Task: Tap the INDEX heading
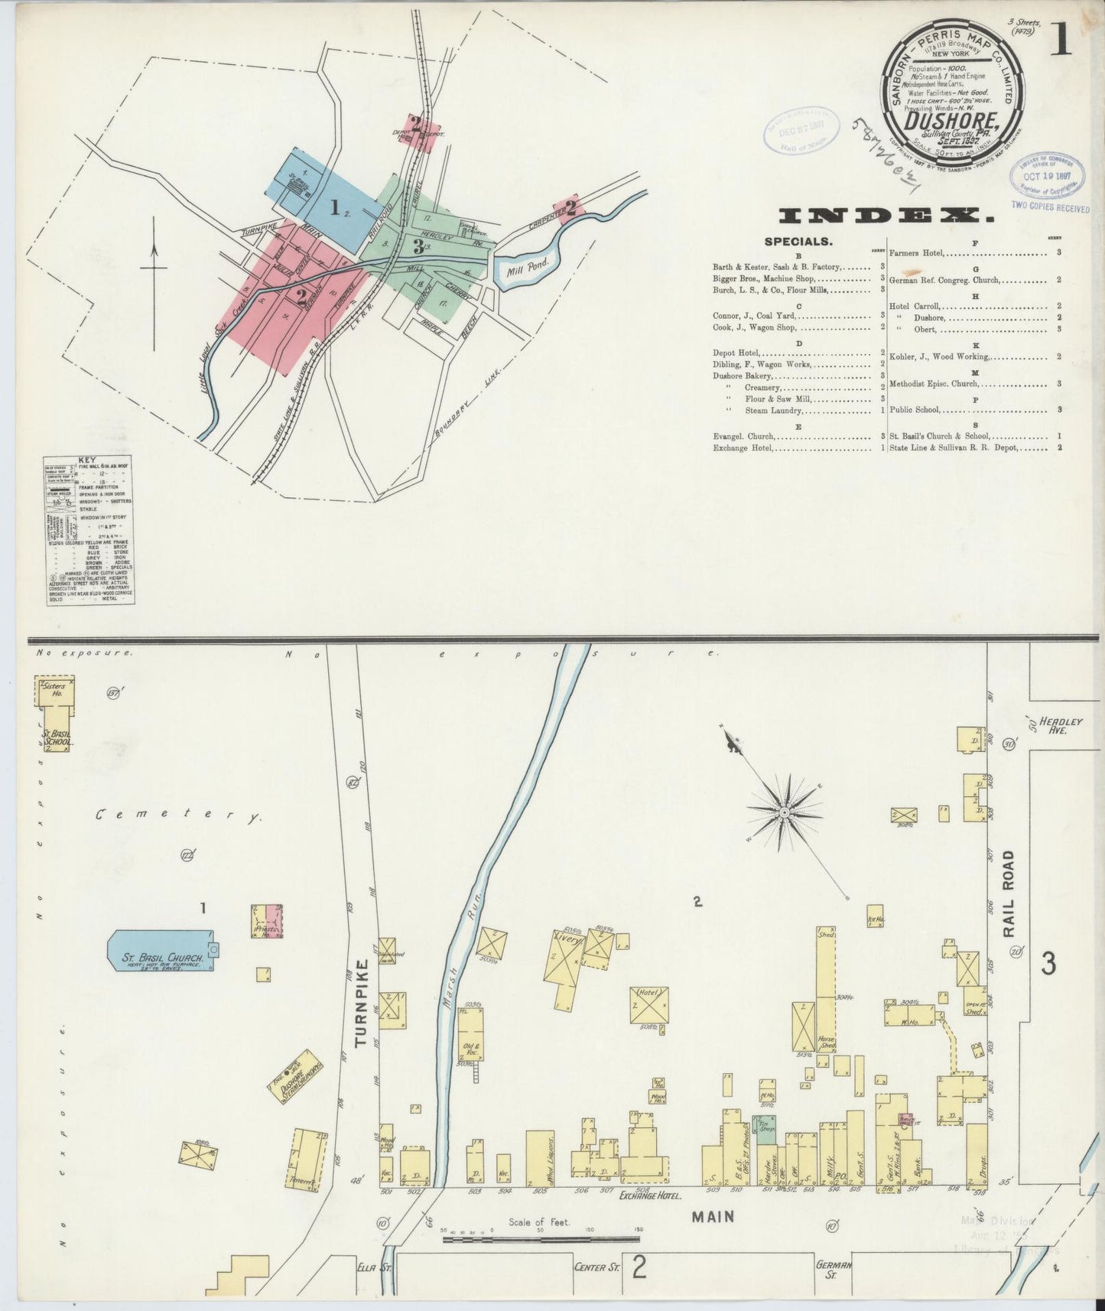[x=886, y=216]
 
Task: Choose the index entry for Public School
[x=915, y=410]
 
